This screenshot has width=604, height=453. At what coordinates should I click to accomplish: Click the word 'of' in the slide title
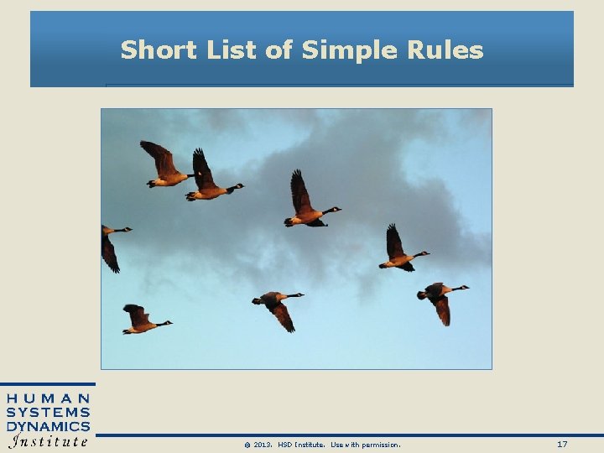[x=279, y=50]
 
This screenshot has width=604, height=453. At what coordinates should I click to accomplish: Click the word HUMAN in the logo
[x=49, y=398]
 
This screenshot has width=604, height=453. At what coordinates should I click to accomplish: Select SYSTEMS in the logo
[x=49, y=412]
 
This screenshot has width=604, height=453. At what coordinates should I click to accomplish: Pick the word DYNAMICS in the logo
[x=49, y=426]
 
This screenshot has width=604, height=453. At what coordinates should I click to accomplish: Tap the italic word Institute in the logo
[x=49, y=441]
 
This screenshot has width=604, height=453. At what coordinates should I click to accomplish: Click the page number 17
[x=561, y=444]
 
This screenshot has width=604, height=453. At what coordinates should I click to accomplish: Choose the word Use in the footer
[x=337, y=445]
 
